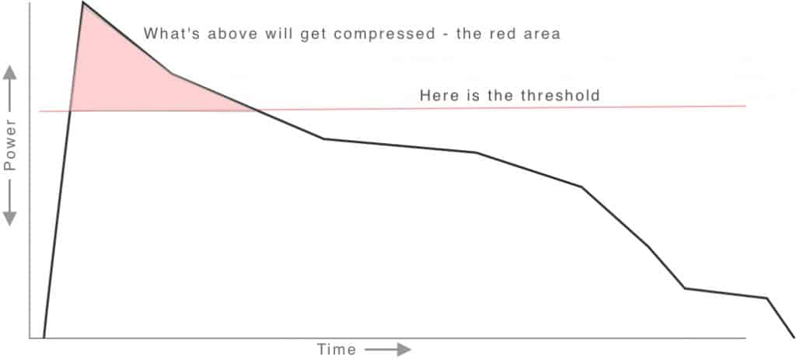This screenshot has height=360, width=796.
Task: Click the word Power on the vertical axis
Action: (11, 147)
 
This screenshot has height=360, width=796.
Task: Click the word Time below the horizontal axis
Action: (336, 349)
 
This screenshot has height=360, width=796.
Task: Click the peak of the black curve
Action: (82, 3)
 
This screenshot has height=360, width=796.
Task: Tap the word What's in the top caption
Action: (167, 34)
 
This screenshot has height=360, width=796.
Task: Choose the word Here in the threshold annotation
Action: (436, 96)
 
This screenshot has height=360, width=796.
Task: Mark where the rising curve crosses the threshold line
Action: (70, 111)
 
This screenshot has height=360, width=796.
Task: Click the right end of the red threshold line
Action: (745, 106)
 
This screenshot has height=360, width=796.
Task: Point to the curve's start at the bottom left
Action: (44, 337)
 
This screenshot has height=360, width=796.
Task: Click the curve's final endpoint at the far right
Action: (794, 336)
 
